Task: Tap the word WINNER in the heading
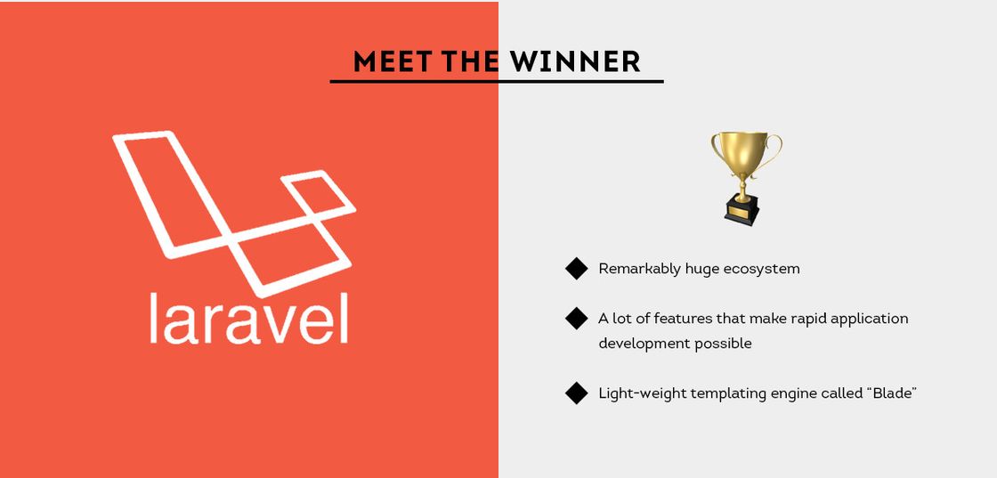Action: coord(575,61)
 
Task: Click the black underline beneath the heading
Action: coord(497,81)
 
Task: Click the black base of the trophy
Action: coord(742,212)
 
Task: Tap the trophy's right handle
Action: coord(771,150)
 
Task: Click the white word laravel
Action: coord(248,318)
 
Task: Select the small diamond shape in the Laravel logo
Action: coord(318,195)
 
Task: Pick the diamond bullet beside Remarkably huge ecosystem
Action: coord(577,268)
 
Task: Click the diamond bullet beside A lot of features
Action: coord(577,318)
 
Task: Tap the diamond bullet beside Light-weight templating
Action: coord(577,393)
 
